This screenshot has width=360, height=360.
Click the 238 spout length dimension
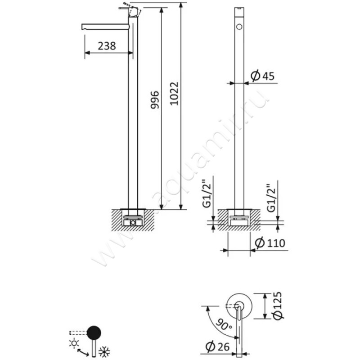107,46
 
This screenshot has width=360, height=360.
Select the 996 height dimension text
155,100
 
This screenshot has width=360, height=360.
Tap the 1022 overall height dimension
174,94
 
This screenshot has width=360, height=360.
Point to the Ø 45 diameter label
262,76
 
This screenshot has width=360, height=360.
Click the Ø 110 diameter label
270,243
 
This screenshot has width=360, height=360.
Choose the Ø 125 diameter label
278,306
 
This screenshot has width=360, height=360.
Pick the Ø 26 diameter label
217,346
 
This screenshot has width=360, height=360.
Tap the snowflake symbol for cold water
104,351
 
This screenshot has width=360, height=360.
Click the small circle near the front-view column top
239,27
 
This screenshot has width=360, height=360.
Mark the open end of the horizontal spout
82,27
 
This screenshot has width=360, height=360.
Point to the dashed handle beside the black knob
78,333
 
